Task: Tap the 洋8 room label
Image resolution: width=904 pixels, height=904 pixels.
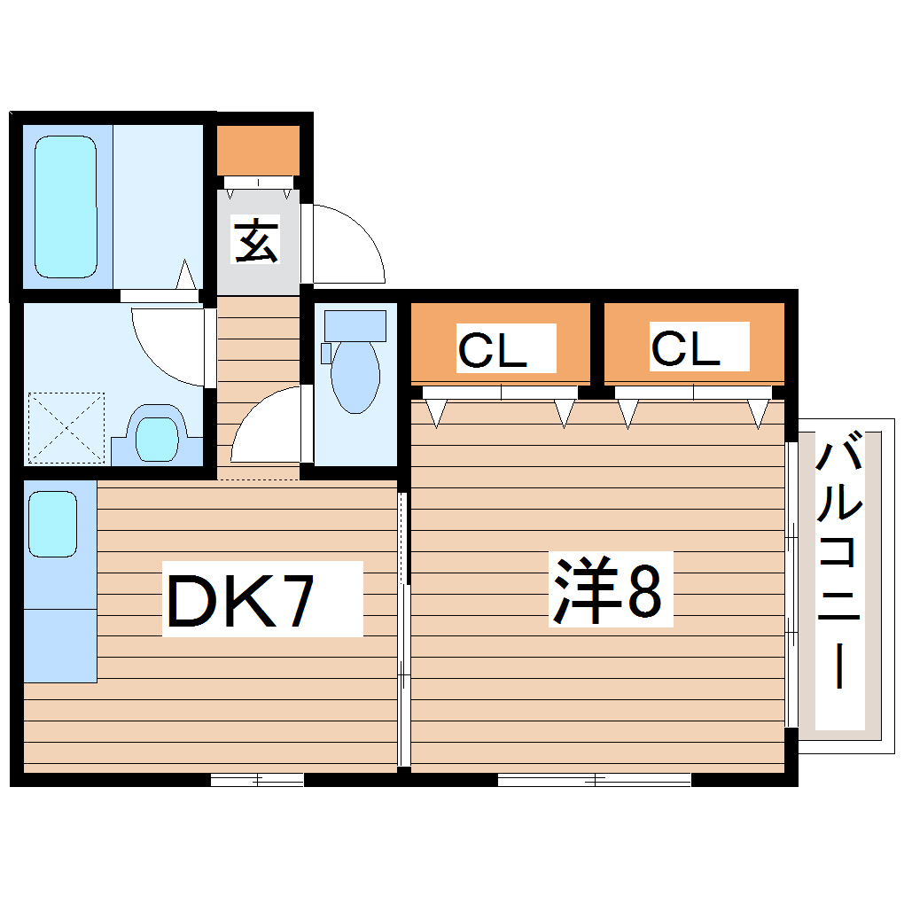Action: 608,588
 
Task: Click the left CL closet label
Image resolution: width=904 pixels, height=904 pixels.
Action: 493,349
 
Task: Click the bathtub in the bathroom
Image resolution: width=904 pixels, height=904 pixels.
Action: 65,207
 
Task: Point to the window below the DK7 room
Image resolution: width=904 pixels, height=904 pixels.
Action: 257,780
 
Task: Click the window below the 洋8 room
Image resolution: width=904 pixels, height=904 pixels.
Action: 594,780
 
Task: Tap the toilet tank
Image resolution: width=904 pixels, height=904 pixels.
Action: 355,325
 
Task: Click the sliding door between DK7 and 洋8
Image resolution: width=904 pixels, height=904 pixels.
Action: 403,629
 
